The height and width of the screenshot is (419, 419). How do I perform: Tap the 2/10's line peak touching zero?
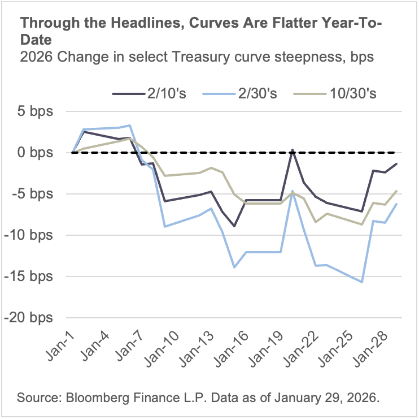tap(293, 150)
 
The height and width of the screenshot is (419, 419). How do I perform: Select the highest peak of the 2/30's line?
tap(130, 126)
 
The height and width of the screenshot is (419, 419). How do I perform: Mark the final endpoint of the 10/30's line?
tap(396, 191)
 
